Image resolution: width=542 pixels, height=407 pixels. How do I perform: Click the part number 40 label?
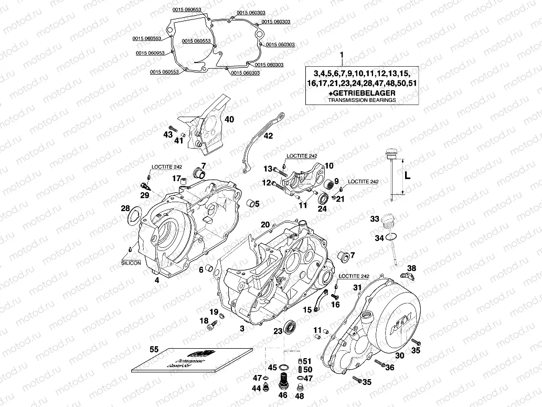pyautogui.click(x=229, y=119)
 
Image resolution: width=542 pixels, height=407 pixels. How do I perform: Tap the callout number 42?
pyautogui.click(x=268, y=136)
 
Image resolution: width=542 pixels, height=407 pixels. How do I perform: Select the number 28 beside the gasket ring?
pyautogui.click(x=125, y=208)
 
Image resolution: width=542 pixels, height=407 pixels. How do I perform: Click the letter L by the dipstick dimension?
pyautogui.click(x=407, y=176)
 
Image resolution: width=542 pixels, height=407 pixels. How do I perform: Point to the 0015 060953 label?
pyautogui.click(x=150, y=53)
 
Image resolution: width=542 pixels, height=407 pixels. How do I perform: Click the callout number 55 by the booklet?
pyautogui.click(x=154, y=349)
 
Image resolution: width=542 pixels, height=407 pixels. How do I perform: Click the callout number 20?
pyautogui.click(x=265, y=224)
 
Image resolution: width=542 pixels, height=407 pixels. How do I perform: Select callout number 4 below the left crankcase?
pyautogui.click(x=156, y=280)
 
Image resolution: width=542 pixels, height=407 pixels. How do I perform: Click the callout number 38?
pyautogui.click(x=412, y=268)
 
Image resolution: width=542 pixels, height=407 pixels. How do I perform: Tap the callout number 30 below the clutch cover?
pyautogui.click(x=399, y=356)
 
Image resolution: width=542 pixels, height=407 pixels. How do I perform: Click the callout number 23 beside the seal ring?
pyautogui.click(x=278, y=330)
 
